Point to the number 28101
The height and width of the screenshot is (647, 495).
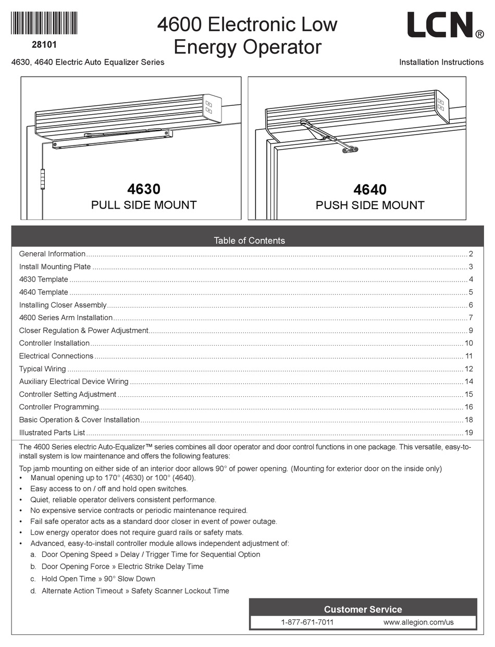(44, 45)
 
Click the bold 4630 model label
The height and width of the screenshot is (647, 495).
(144, 189)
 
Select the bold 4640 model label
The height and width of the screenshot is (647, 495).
(370, 189)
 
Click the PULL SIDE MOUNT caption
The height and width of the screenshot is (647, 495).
(144, 205)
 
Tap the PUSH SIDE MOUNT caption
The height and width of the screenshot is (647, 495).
(370, 205)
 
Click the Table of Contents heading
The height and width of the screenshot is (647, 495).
(249, 240)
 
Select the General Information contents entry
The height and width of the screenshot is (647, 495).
(52, 254)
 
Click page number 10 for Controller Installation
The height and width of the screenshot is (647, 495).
(468, 343)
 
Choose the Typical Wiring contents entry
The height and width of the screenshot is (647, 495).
(42, 369)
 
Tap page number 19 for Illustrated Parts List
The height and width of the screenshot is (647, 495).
(468, 433)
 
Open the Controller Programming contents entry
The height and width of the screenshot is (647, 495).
(59, 407)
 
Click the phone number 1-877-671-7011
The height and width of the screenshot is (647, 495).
(307, 622)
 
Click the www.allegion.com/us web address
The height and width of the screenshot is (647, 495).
(418, 622)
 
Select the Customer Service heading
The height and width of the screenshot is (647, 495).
(363, 609)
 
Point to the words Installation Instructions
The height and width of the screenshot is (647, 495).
(441, 62)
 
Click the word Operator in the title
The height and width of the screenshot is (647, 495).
(284, 47)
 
